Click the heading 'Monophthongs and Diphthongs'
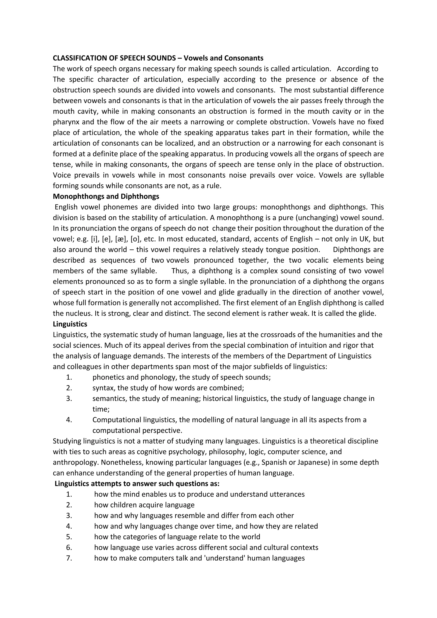pos(106,197)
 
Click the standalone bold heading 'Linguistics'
pos(70,324)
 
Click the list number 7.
pos(69,558)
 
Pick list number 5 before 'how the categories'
pos(69,537)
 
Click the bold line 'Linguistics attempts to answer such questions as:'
pos(137,484)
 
